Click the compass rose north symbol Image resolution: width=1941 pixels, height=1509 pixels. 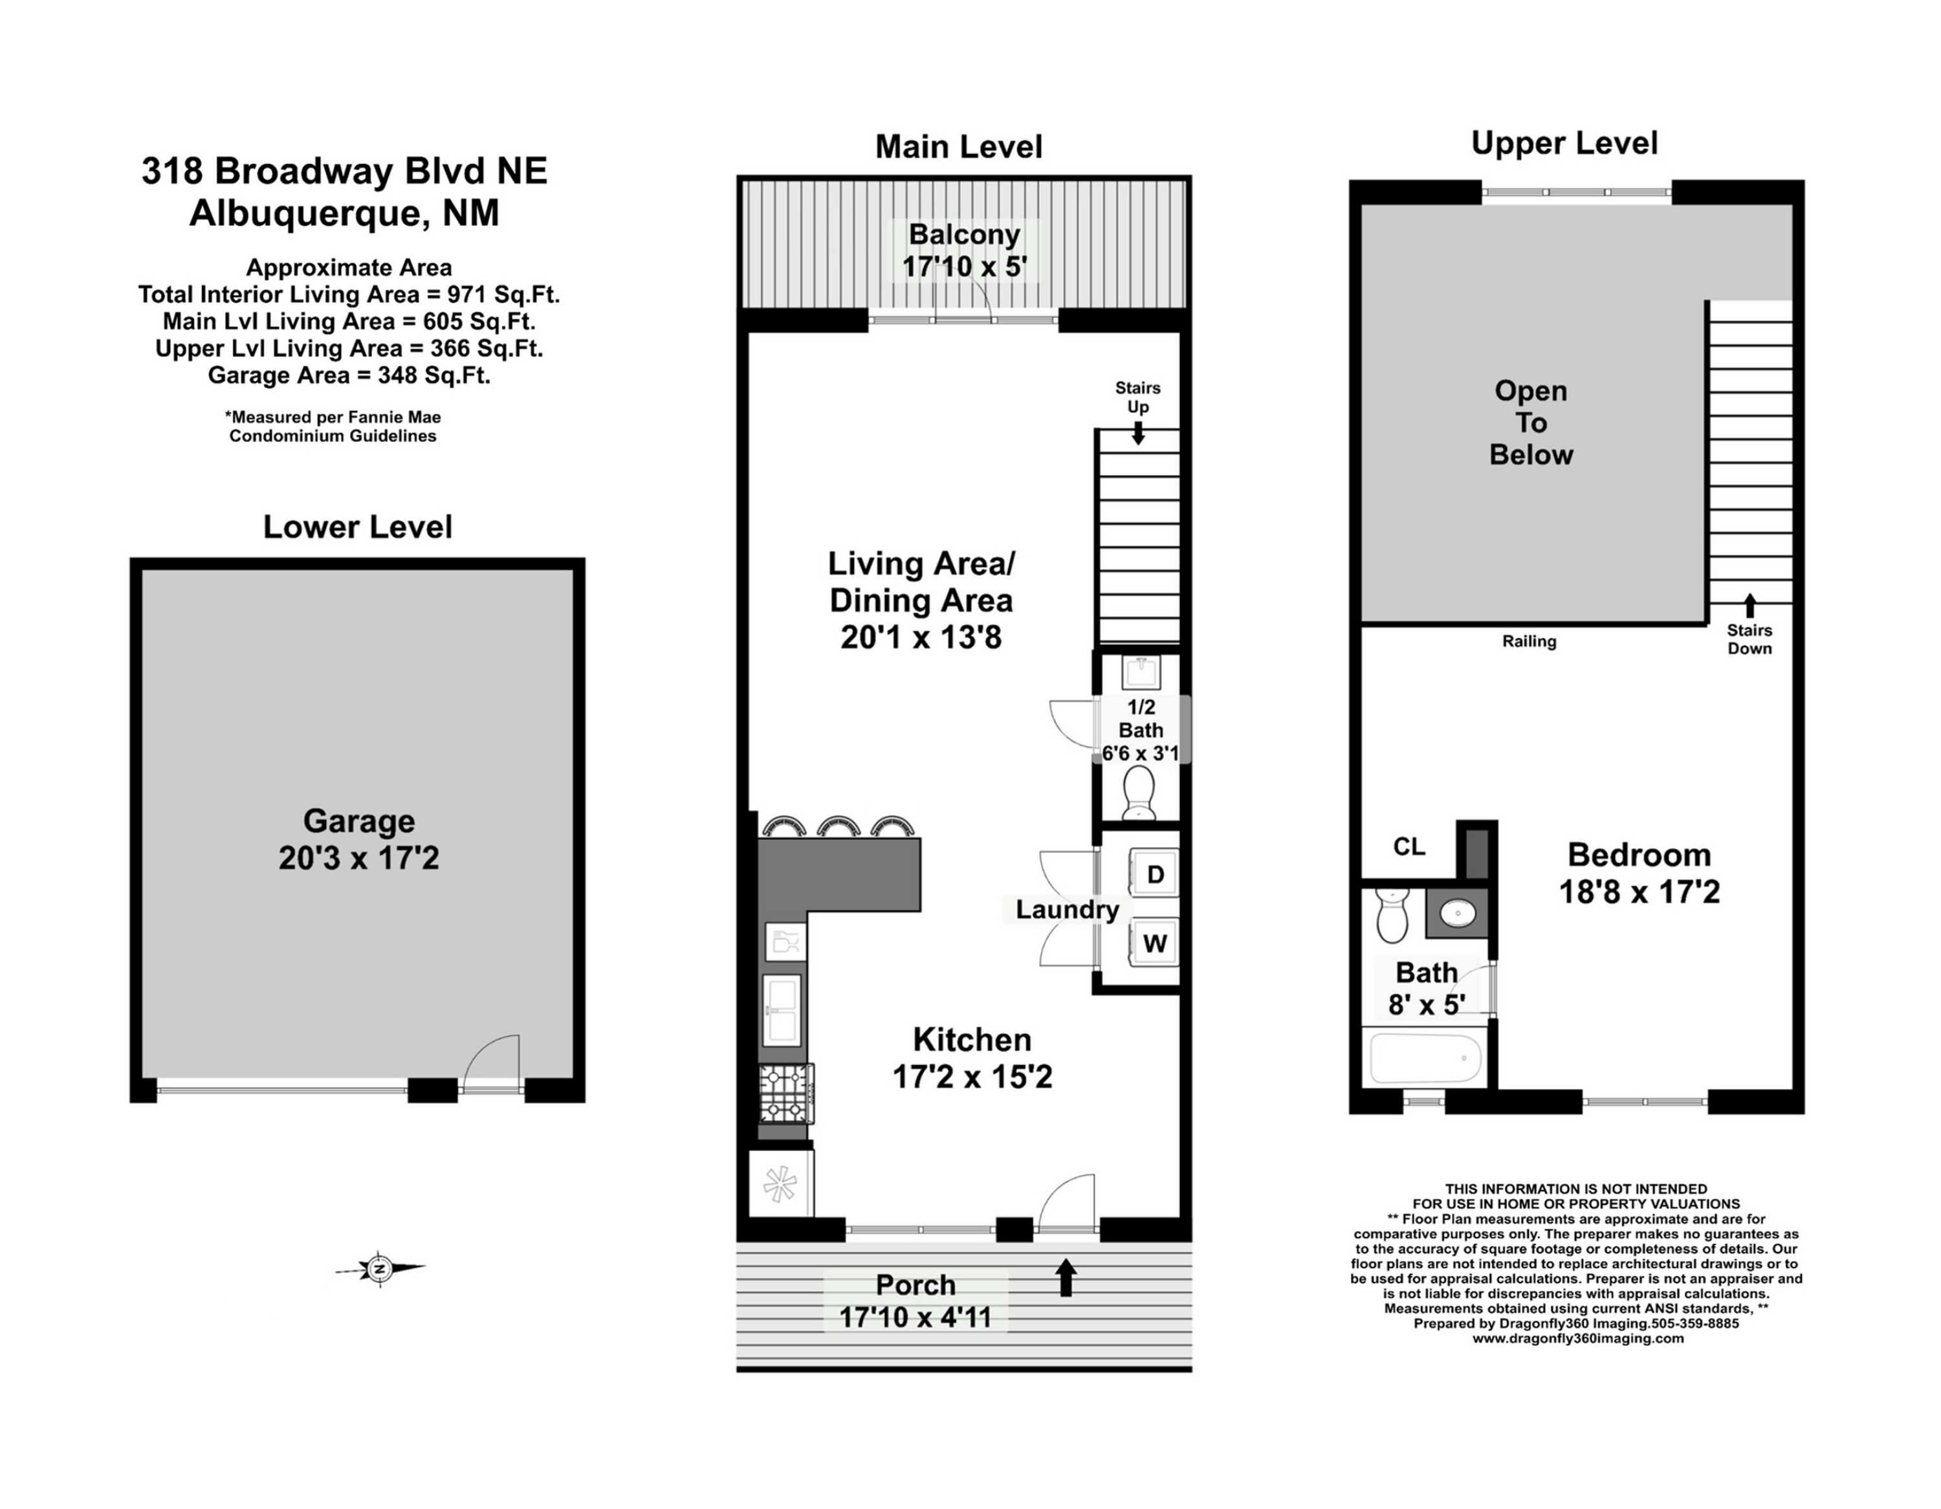(x=380, y=1268)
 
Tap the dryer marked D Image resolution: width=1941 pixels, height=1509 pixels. (x=1154, y=874)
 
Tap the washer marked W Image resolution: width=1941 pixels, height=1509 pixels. (x=1154, y=943)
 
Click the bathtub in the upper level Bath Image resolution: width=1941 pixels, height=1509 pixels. (x=1425, y=1057)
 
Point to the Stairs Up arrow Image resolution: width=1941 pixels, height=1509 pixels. (x=1137, y=433)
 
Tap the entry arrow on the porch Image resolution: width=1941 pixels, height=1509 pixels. (x=1066, y=1278)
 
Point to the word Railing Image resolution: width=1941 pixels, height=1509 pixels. (x=1530, y=641)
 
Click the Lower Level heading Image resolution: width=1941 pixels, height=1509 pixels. (x=357, y=527)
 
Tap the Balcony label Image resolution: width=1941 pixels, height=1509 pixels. (x=964, y=235)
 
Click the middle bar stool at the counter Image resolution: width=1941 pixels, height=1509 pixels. (x=838, y=826)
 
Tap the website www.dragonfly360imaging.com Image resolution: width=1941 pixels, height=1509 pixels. (x=1577, y=1338)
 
